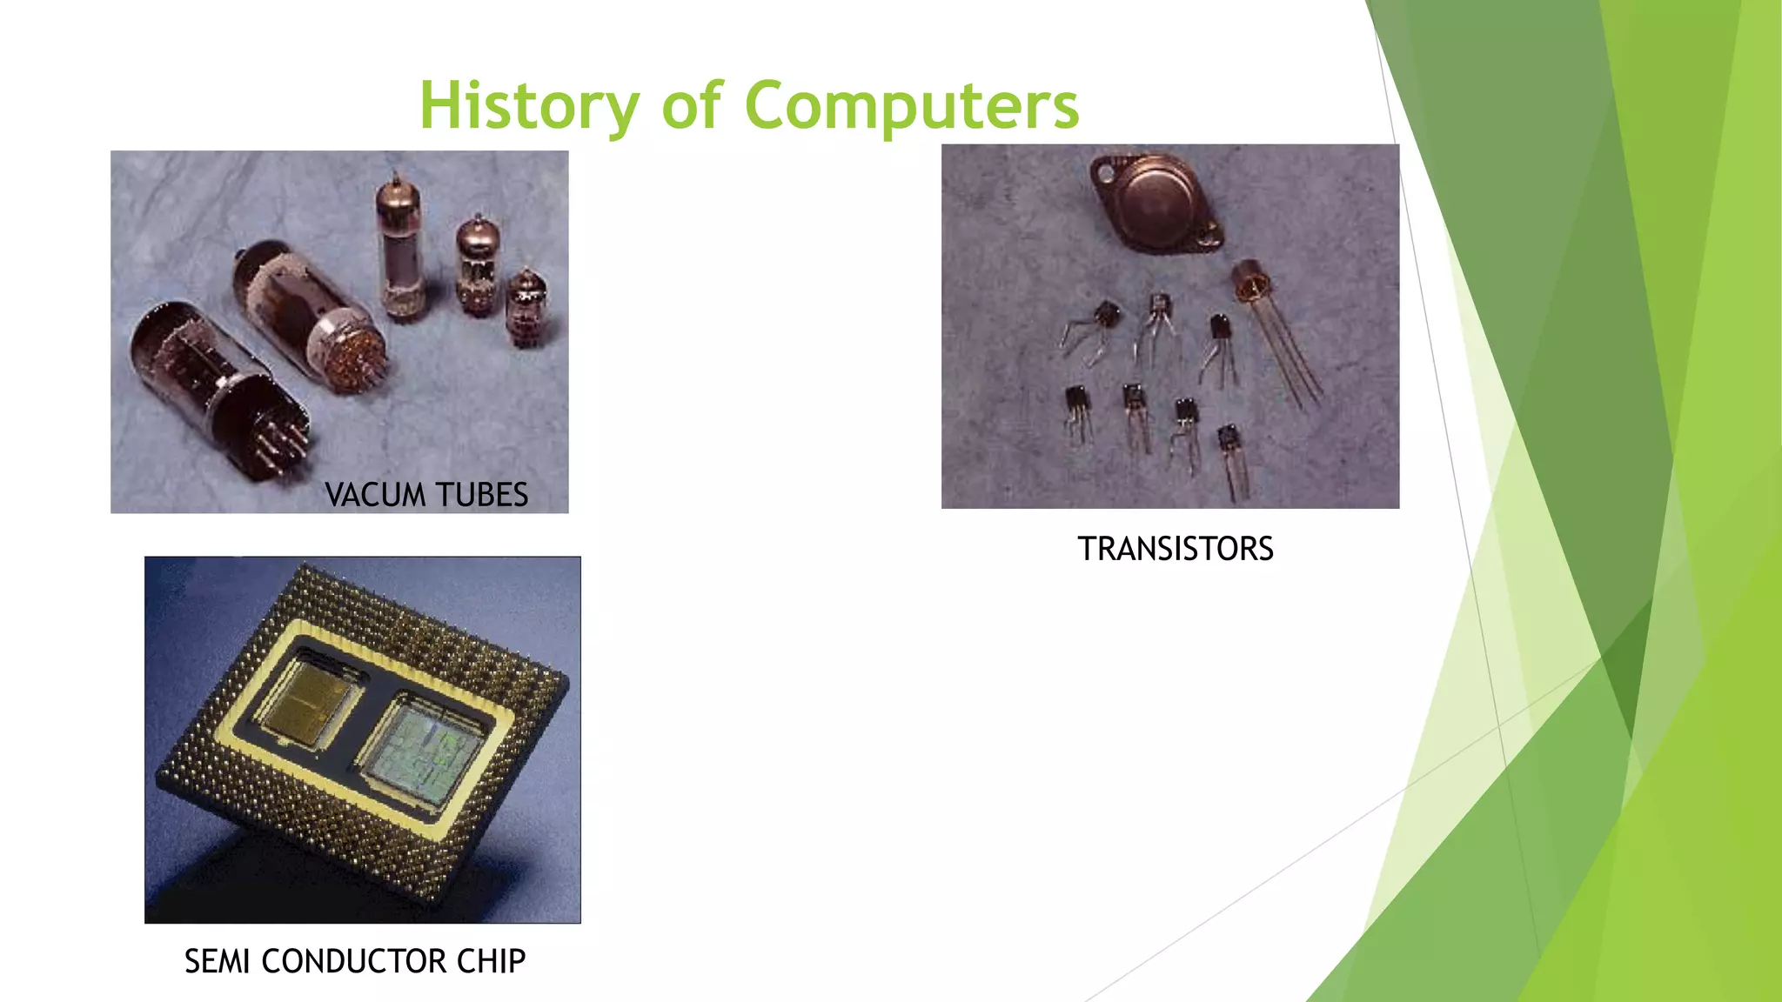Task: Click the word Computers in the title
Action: tap(912, 106)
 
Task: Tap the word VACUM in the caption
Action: tap(374, 495)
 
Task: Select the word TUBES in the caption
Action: tap(482, 495)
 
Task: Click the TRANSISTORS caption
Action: tap(1175, 549)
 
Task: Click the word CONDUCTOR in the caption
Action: tap(353, 961)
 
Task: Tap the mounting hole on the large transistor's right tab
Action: tap(1209, 233)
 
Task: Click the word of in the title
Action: tap(692, 106)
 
